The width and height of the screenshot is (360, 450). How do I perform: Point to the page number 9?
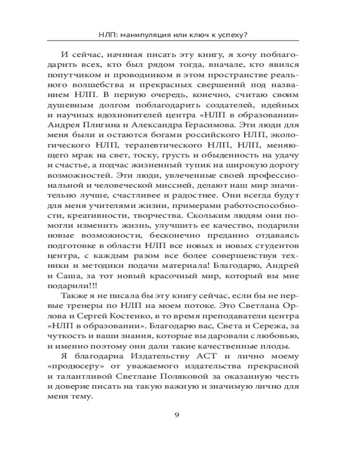pyautogui.click(x=177, y=414)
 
